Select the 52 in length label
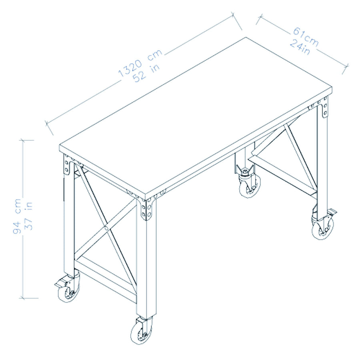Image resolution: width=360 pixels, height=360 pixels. click(x=147, y=72)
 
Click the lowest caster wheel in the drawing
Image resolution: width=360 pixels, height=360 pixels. click(x=141, y=332)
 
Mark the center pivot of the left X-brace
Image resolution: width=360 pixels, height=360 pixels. click(x=106, y=227)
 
